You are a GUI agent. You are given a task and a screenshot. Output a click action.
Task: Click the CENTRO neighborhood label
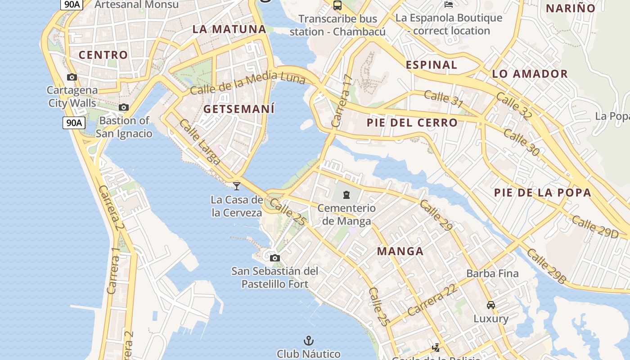pyautogui.click(x=103, y=55)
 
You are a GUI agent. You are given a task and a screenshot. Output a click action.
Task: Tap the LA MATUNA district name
pyautogui.click(x=229, y=29)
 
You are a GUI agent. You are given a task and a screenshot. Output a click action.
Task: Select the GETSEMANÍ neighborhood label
pyautogui.click(x=239, y=109)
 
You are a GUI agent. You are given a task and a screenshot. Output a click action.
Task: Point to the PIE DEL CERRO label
pyautogui.click(x=412, y=122)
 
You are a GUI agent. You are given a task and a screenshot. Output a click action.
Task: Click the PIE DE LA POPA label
pyautogui.click(x=543, y=193)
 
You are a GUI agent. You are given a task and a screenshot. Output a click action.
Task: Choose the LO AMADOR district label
pyautogui.click(x=530, y=74)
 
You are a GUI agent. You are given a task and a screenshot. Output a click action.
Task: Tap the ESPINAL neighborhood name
pyautogui.click(x=432, y=65)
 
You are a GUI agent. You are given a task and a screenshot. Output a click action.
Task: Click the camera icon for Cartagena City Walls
pyautogui.click(x=72, y=77)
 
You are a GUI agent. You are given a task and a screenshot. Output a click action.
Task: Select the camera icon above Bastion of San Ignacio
pyautogui.click(x=124, y=107)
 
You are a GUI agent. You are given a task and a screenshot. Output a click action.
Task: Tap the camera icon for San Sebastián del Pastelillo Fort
pyautogui.click(x=275, y=258)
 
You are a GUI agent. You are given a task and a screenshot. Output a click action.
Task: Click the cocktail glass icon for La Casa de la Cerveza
pyautogui.click(x=237, y=186)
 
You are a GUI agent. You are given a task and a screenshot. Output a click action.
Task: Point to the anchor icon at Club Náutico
pyautogui.click(x=309, y=340)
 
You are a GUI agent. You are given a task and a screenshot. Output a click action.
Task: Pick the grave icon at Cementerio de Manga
pyautogui.click(x=346, y=195)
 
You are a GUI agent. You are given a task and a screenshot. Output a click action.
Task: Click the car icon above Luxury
pyautogui.click(x=491, y=305)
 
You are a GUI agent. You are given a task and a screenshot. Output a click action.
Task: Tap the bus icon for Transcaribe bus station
pyautogui.click(x=337, y=5)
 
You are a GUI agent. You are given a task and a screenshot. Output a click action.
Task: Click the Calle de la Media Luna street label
pyautogui.click(x=247, y=84)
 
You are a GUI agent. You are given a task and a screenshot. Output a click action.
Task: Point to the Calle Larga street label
pyautogui.click(x=200, y=142)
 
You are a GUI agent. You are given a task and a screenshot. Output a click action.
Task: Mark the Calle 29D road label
pyautogui.click(x=595, y=226)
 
